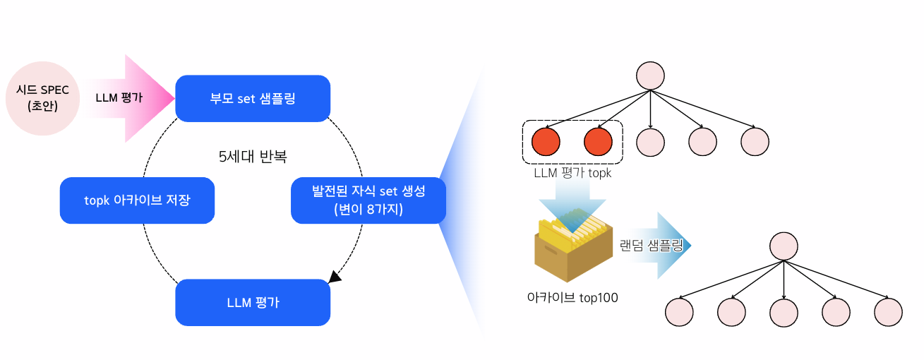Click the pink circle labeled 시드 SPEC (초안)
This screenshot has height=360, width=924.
(42, 99)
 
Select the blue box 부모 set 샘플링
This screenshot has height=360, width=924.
(253, 99)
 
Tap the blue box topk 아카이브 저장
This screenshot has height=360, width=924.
(138, 200)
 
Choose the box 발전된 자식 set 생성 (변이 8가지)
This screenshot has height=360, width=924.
(368, 200)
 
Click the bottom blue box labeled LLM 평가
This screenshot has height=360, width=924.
(253, 303)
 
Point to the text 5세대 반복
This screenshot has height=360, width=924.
(253, 156)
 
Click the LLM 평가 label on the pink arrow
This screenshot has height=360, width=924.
(119, 97)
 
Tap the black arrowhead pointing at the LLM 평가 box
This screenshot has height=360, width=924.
(335, 277)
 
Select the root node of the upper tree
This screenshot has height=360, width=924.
(650, 76)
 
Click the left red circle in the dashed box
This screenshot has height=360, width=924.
(546, 142)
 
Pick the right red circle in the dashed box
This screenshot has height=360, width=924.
(598, 142)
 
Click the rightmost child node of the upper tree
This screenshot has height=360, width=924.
(755, 142)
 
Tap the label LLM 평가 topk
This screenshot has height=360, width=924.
(572, 173)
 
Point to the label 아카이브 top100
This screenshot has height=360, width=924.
(572, 297)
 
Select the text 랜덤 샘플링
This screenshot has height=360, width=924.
(652, 246)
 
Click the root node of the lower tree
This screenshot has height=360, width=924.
(784, 246)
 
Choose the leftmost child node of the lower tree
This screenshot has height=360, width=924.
(679, 312)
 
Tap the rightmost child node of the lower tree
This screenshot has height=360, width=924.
(889, 312)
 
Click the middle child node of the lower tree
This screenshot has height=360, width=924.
(784, 312)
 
